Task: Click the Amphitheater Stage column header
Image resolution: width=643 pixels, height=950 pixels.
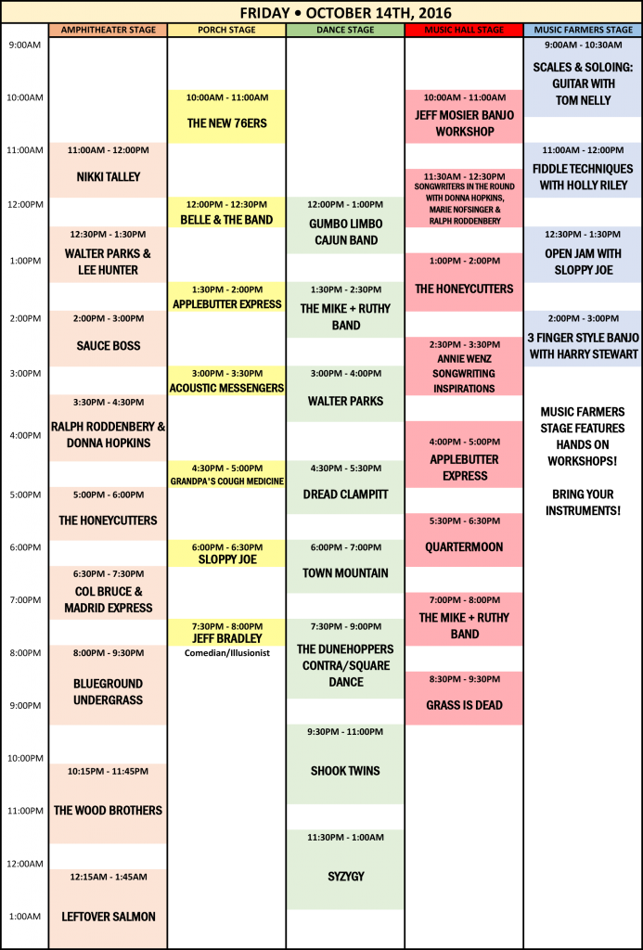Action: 108,30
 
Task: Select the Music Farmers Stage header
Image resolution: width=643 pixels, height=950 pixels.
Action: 583,30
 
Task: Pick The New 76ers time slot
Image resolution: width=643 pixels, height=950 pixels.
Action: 226,116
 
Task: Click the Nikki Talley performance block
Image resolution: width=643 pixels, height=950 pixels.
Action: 108,170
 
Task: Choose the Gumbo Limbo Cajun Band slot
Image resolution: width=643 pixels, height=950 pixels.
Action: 345,225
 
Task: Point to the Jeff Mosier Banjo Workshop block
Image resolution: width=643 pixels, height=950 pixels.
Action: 464,116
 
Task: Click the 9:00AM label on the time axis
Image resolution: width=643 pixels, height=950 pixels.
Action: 23,45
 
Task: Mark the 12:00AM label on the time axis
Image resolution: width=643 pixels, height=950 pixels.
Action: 23,864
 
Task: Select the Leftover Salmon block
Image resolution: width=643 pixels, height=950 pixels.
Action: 108,908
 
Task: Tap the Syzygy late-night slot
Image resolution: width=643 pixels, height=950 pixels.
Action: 345,869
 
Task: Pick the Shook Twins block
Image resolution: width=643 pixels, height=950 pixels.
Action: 345,764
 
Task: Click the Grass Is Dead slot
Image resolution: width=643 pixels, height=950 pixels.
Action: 464,698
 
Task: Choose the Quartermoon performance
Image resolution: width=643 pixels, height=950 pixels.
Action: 464,540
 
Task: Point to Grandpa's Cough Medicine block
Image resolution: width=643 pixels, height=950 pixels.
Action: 226,474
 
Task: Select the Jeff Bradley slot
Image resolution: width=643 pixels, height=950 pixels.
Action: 226,632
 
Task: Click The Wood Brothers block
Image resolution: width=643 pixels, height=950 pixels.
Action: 108,802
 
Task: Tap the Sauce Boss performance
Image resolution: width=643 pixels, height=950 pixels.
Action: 108,339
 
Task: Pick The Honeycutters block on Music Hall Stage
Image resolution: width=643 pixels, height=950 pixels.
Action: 464,282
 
